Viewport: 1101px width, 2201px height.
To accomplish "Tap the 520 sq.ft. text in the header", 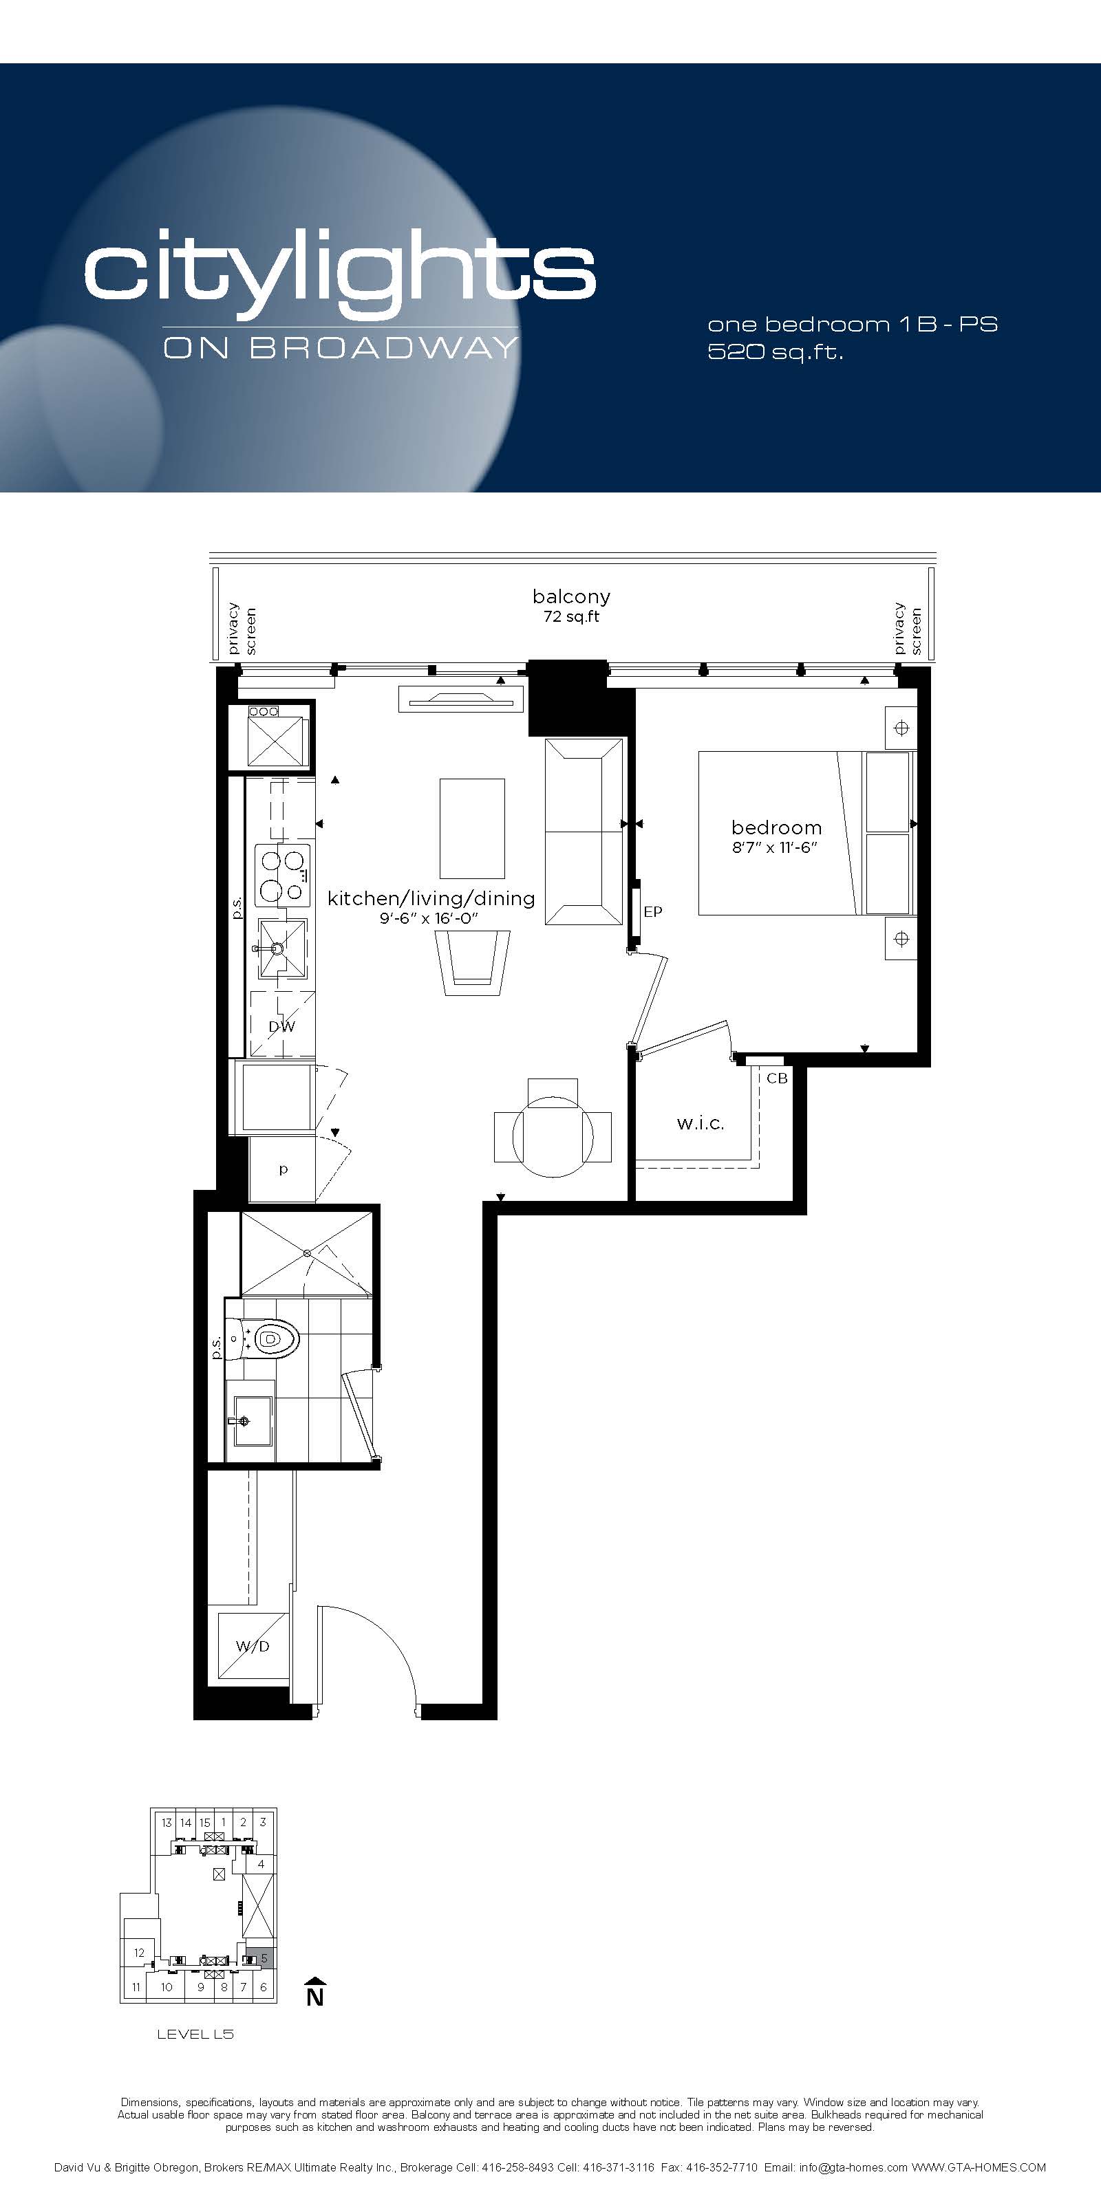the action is click(776, 351).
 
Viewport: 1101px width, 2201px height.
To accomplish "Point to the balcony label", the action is click(571, 596).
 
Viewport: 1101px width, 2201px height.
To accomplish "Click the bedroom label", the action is click(776, 827).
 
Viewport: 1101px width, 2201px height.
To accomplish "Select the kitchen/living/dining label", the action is click(431, 898).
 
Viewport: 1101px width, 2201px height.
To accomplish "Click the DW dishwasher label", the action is click(281, 1026).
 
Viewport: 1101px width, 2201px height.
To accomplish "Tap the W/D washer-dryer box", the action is click(253, 1647).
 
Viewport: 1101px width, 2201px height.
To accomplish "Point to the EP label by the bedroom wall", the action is click(653, 911).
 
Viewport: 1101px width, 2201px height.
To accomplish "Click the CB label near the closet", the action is click(777, 1078).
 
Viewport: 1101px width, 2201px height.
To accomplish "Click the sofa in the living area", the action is click(584, 832).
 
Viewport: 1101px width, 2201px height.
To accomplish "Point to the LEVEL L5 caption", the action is click(195, 2035).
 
